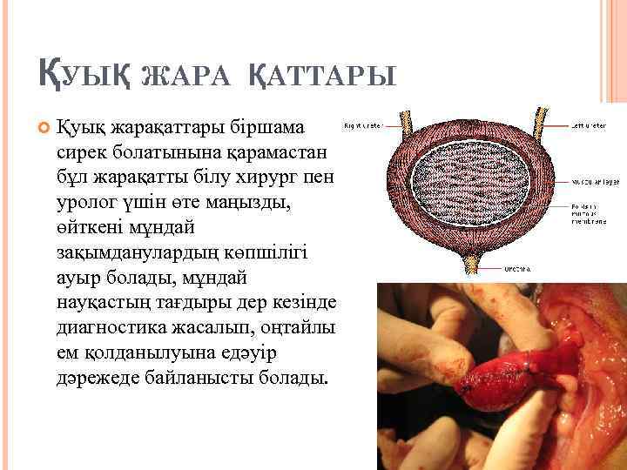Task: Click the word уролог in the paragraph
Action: (86, 203)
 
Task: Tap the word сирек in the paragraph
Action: (80, 153)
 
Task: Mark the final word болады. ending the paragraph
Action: (295, 379)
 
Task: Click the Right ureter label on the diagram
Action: (364, 126)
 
